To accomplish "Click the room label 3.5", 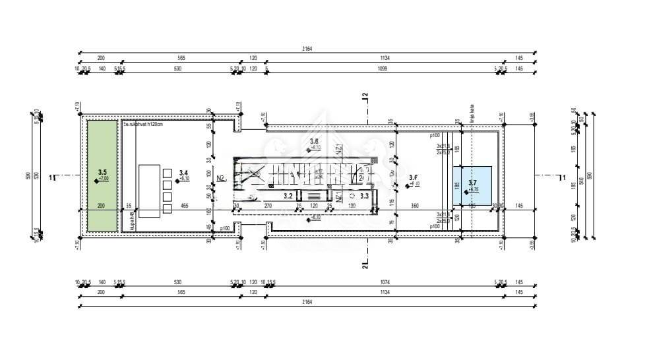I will pos(102,172).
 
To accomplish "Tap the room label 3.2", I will pos(288,195).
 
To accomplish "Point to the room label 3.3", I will pos(364,195).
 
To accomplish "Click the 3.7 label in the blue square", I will pos(472,183).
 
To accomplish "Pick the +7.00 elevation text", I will pos(104,179).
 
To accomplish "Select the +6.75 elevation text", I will pos(474,190).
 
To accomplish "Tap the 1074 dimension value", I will pos(385,282).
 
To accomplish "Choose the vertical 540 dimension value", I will pos(580,179).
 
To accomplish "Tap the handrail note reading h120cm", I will pos(142,123).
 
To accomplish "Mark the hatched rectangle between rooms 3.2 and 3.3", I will pos(314,195).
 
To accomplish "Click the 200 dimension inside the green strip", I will pos(101,206).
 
